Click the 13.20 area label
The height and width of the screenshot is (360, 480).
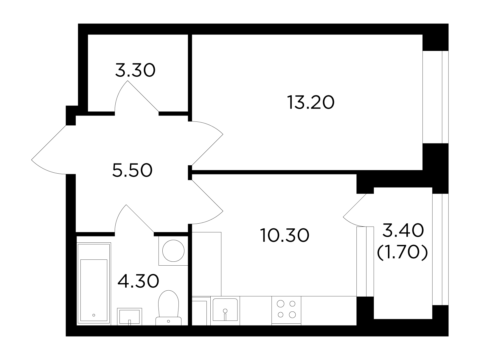pyautogui.click(x=310, y=102)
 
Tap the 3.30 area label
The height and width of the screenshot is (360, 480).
pyautogui.click(x=135, y=70)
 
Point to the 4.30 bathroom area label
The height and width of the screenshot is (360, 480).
pyautogui.click(x=138, y=281)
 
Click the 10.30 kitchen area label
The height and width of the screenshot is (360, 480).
pyautogui.click(x=285, y=235)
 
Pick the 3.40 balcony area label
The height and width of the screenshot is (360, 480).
pyautogui.click(x=403, y=230)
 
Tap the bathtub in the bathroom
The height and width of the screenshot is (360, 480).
pyautogui.click(x=94, y=284)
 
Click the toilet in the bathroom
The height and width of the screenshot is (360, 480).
pyautogui.click(x=168, y=308)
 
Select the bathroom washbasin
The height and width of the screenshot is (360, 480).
pyautogui.click(x=129, y=317)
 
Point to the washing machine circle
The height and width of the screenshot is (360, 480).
pyautogui.click(x=173, y=251)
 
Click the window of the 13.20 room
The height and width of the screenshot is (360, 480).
pyautogui.click(x=435, y=97)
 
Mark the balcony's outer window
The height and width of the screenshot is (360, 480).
pyautogui.click(x=440, y=249)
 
